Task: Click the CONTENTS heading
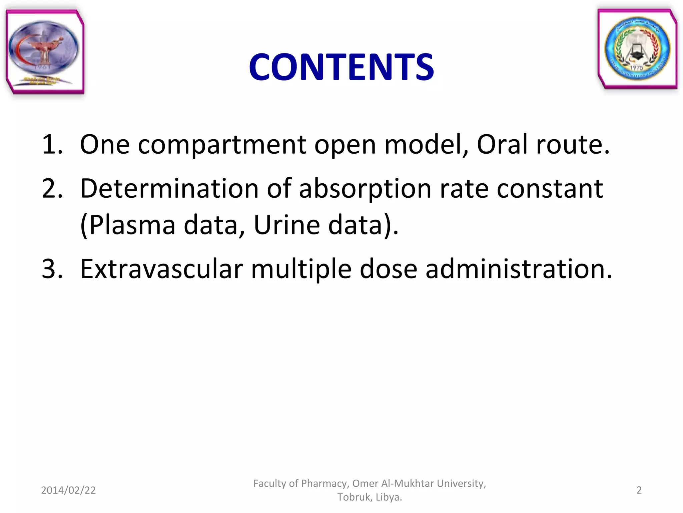coord(341,67)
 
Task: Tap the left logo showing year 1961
coord(45,52)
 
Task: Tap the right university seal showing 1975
coord(637,49)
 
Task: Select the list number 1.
coord(52,144)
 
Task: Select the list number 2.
coord(52,189)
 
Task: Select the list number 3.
coord(52,269)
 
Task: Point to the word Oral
coord(502,144)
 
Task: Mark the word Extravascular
coord(161,269)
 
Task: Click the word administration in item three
coord(519,269)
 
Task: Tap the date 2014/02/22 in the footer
coord(68,490)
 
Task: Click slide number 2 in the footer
coord(639,490)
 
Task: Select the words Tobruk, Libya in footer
coord(370,497)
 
